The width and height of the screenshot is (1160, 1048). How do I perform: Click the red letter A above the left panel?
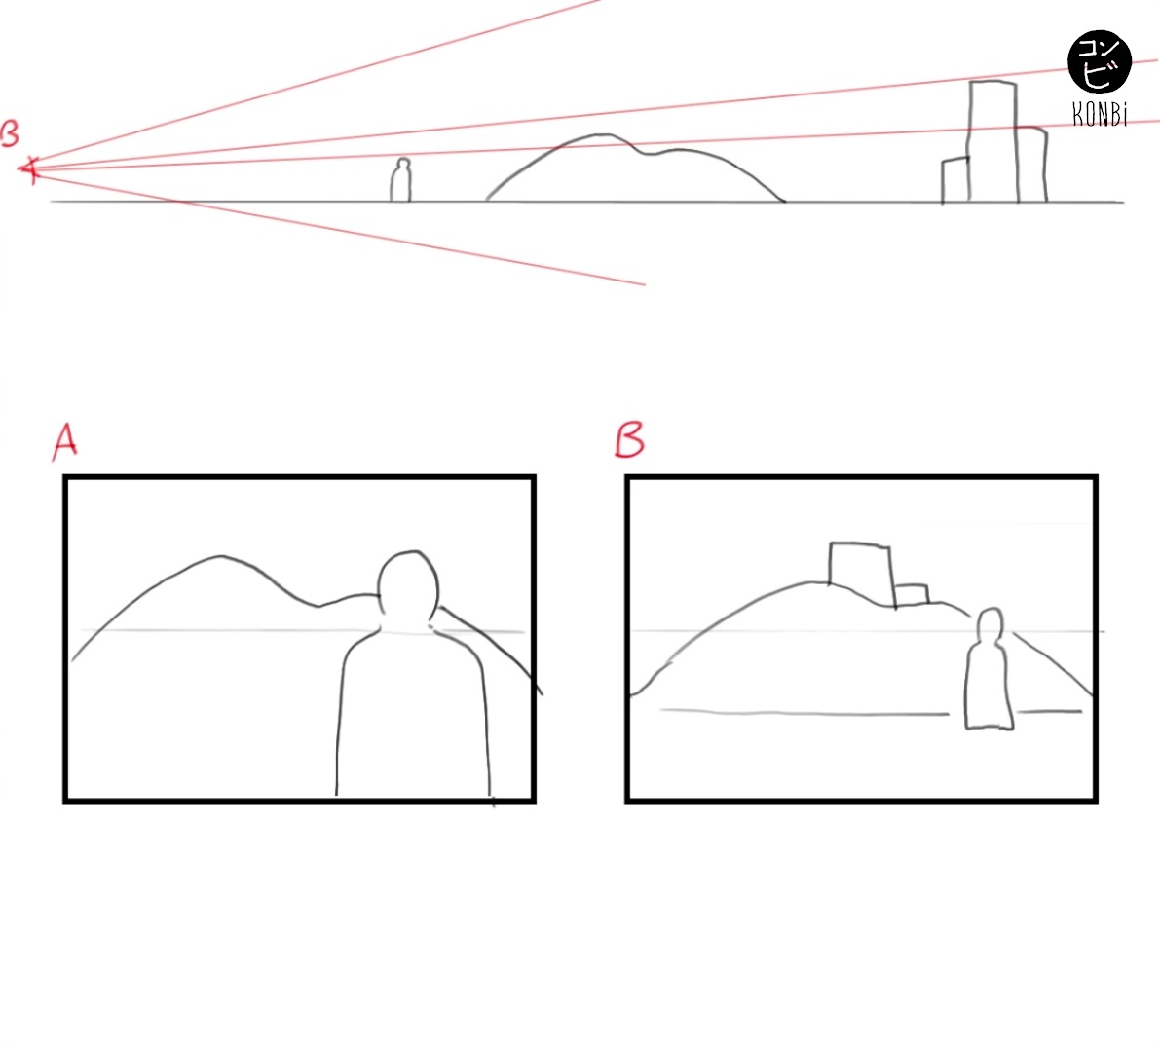click(65, 442)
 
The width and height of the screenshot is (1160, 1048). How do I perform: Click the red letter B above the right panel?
click(629, 440)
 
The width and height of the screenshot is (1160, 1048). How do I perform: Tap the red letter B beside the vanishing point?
click(10, 134)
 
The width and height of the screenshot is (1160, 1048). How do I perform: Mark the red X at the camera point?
click(29, 170)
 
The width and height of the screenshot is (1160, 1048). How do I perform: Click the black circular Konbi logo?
click(1100, 62)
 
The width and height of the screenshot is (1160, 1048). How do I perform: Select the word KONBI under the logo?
click(1100, 115)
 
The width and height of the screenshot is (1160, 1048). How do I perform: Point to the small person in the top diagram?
click(401, 179)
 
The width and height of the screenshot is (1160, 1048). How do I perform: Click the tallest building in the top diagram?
click(992, 140)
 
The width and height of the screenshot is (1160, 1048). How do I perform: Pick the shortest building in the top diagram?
click(955, 180)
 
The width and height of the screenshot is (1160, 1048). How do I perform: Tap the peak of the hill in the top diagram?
click(603, 135)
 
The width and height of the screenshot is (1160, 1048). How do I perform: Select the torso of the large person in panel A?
click(412, 714)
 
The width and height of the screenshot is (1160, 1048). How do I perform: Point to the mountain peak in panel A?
click(220, 556)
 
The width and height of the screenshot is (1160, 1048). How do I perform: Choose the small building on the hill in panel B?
click(912, 595)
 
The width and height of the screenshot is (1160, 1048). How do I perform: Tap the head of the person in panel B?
click(990, 624)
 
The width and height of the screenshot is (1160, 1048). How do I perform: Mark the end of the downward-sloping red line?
click(645, 284)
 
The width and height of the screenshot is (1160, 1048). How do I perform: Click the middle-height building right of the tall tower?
click(1032, 165)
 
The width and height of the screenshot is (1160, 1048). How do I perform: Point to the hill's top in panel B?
click(814, 583)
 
